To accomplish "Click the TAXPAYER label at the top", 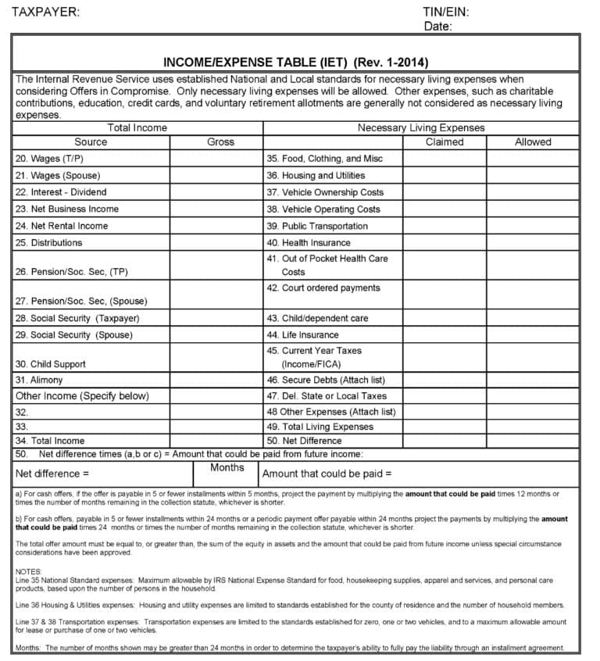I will tap(45, 12).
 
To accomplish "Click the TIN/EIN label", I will tap(445, 12).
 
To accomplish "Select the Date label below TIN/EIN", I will tap(437, 27).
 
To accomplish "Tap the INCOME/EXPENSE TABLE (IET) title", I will tap(295, 63).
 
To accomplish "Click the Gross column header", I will tap(220, 142).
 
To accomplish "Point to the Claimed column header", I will tap(445, 142).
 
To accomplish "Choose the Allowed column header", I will tap(533, 142).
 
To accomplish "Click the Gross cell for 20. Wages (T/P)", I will tap(216, 159).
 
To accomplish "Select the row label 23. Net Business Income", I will tap(67, 209).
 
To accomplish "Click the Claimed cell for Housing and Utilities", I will tap(445, 176).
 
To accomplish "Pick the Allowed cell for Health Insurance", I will tap(533, 243).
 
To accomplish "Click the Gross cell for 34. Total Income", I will tap(216, 441).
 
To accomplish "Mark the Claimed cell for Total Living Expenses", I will tap(445, 427).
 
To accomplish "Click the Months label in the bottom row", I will tap(227, 468).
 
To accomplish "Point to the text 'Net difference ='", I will tap(52, 473).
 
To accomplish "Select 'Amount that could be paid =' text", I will tap(327, 473).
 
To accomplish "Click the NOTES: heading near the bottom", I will tap(30, 572).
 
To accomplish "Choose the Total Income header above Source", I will tap(137, 127).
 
